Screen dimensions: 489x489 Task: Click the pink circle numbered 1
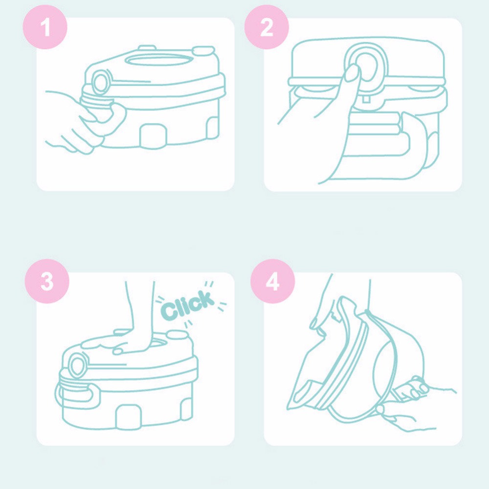click(45, 27)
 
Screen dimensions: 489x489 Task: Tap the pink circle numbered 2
click(267, 27)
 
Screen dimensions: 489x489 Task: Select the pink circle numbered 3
click(47, 281)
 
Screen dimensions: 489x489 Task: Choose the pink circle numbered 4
click(272, 281)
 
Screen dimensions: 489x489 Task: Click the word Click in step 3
click(188, 305)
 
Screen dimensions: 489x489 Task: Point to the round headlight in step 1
click(100, 82)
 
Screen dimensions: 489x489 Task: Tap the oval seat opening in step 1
click(158, 59)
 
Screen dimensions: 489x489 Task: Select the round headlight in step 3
click(77, 365)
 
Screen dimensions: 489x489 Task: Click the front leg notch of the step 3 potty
click(129, 417)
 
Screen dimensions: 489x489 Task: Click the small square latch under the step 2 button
click(366, 99)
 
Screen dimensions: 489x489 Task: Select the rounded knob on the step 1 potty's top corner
click(203, 51)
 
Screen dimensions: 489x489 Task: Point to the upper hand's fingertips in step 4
click(318, 326)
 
